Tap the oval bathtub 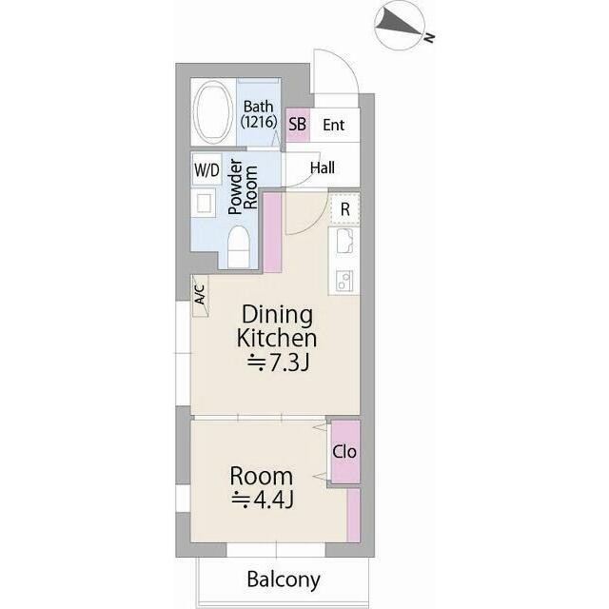(x=212, y=112)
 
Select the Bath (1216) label (x=259, y=114)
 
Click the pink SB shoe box (x=298, y=125)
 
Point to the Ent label (x=334, y=125)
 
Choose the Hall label (x=323, y=167)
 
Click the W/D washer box (x=206, y=169)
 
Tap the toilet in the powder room (x=238, y=247)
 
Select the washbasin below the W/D (x=204, y=203)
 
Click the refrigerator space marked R (x=344, y=209)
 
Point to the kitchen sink (x=344, y=242)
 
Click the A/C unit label (x=199, y=295)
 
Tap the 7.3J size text (x=279, y=363)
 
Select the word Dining (x=277, y=315)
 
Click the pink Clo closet (x=345, y=452)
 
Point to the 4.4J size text (x=263, y=500)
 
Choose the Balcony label (x=284, y=580)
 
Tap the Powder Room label (x=244, y=187)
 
